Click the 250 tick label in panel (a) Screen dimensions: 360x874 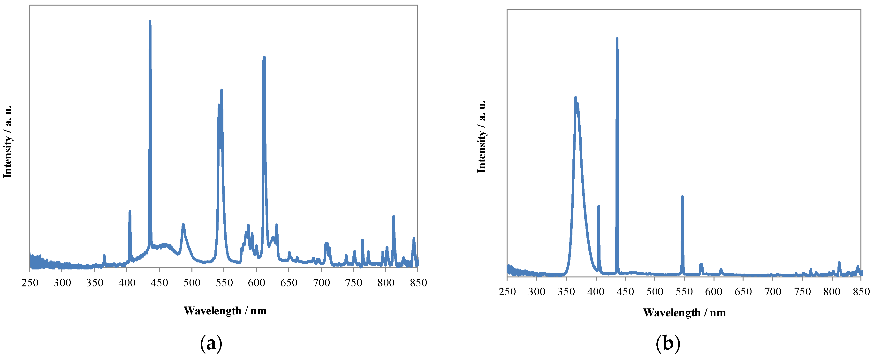(30, 283)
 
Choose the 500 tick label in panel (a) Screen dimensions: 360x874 (192, 283)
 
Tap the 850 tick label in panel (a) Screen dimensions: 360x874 (418, 283)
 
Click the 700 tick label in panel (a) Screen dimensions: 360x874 (321, 283)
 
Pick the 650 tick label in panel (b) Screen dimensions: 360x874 (743, 291)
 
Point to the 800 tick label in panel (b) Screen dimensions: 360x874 (832, 291)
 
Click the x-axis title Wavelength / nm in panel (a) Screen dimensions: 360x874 (225, 310)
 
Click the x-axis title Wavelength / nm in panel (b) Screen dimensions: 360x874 (684, 313)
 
